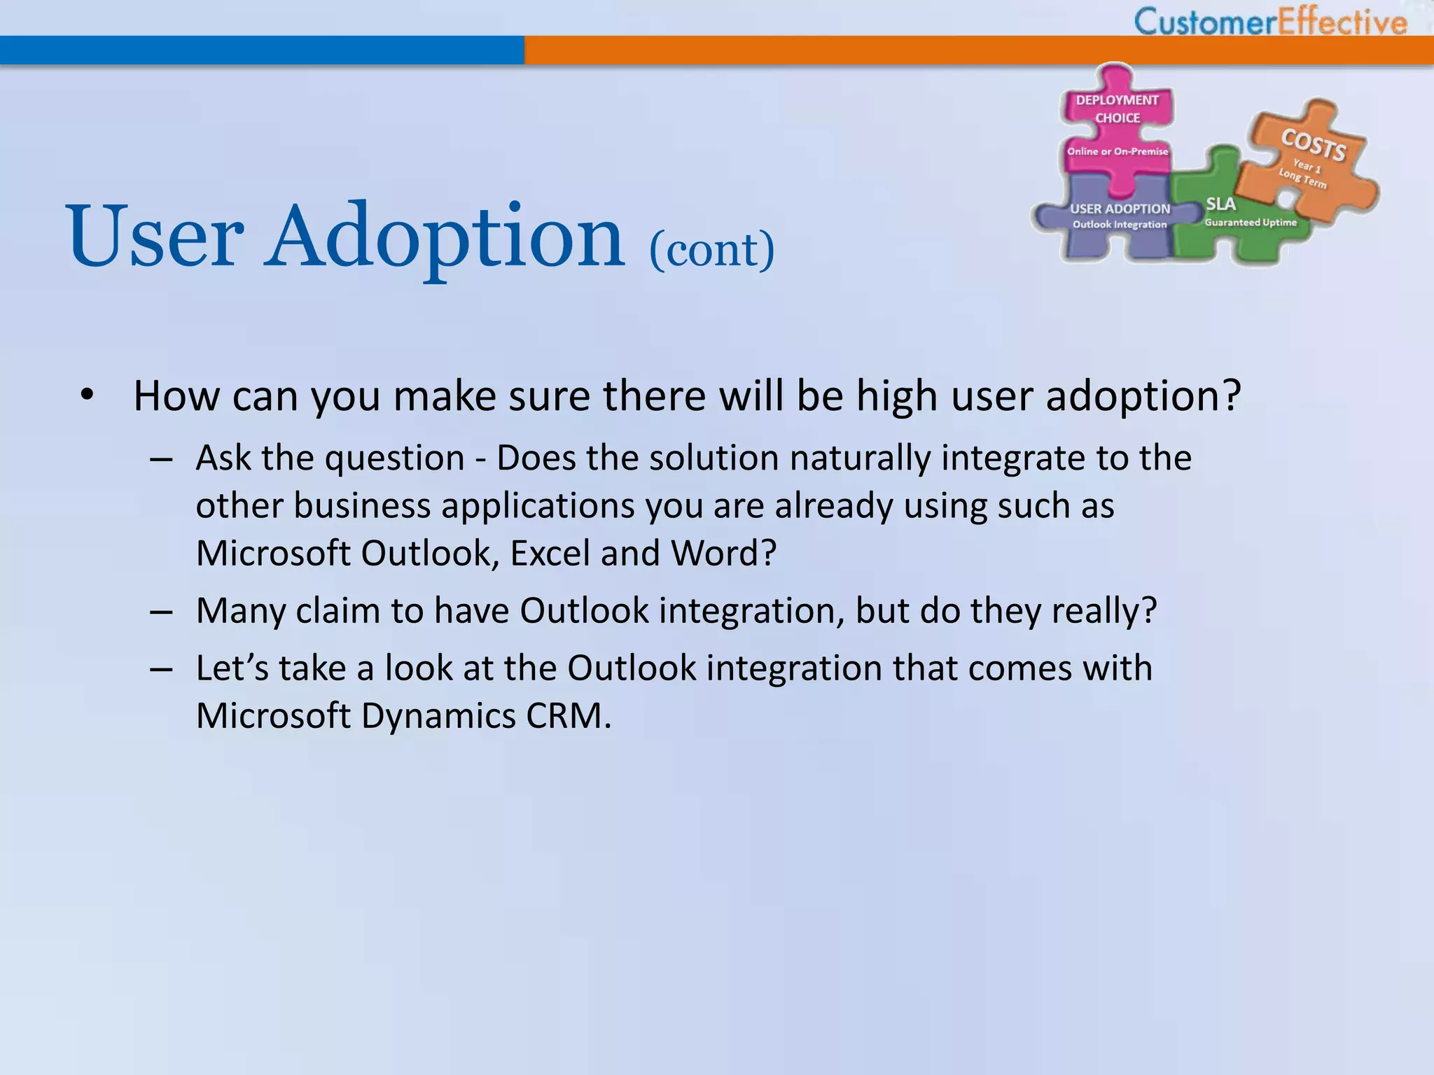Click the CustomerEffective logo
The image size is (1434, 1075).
pos(1270,21)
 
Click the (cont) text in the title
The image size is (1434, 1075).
pos(711,249)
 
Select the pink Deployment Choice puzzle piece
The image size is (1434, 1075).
pos(1118,126)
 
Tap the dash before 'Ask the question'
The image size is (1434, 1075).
pos(161,460)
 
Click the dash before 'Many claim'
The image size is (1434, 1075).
pos(161,612)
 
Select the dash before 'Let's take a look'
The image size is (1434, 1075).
pos(161,670)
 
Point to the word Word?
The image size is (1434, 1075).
pos(723,554)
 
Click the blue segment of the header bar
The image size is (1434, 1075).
pos(262,50)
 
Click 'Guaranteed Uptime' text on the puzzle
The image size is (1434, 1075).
pos(1251,223)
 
